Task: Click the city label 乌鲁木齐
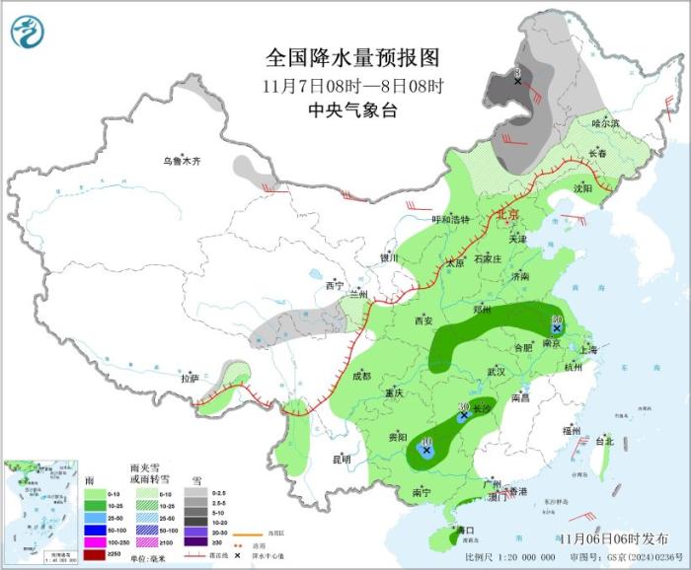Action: coord(182,161)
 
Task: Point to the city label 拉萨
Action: coord(190,378)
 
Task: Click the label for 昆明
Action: coord(342,459)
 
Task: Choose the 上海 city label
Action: coord(588,349)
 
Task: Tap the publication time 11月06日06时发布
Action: coord(611,537)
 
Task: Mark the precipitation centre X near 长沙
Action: coord(463,416)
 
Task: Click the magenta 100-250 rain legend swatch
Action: coord(95,542)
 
